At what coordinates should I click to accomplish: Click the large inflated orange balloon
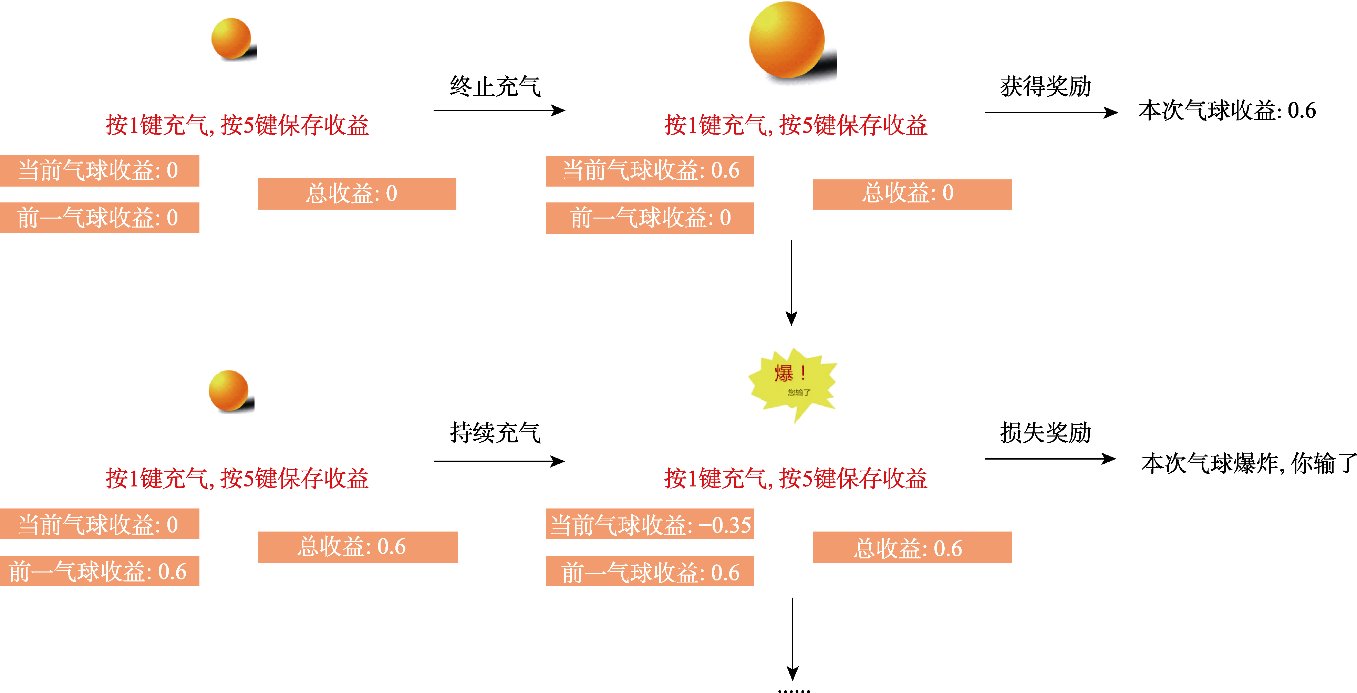[787, 40]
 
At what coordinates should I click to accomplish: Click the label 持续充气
[495, 433]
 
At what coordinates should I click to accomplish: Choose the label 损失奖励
[1045, 433]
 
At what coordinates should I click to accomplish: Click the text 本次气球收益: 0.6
[1227, 111]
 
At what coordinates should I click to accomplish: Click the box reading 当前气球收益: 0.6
[650, 171]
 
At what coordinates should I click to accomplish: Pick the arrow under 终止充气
[498, 111]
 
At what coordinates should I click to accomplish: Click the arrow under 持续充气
[498, 461]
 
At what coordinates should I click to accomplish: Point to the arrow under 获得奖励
[1050, 112]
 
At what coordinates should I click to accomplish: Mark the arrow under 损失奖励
[1049, 459]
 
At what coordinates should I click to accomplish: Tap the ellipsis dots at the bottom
[794, 689]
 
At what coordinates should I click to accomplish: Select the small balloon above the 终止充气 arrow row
[232, 39]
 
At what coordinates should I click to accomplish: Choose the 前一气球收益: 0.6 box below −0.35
[650, 572]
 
